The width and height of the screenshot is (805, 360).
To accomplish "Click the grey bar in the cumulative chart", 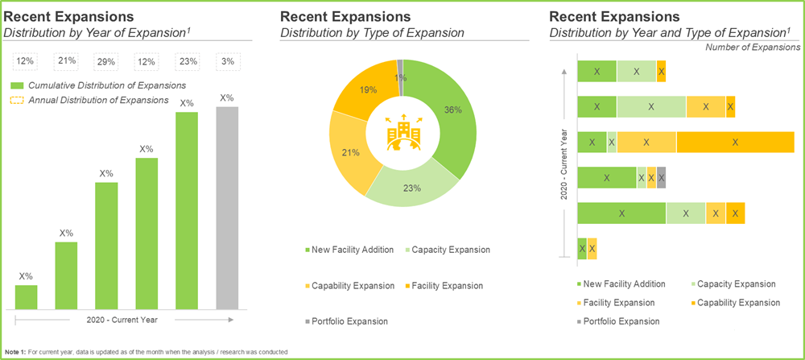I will click(227, 208).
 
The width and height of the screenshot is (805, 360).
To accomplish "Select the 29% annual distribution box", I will click(106, 62).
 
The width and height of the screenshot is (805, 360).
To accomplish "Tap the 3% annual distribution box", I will click(227, 62).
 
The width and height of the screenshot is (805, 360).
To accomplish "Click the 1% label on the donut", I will click(401, 78).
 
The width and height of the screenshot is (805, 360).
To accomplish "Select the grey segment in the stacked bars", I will click(662, 177).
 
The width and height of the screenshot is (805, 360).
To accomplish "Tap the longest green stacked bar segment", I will click(622, 213).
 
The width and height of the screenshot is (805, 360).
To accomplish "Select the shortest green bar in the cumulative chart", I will click(26, 296).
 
